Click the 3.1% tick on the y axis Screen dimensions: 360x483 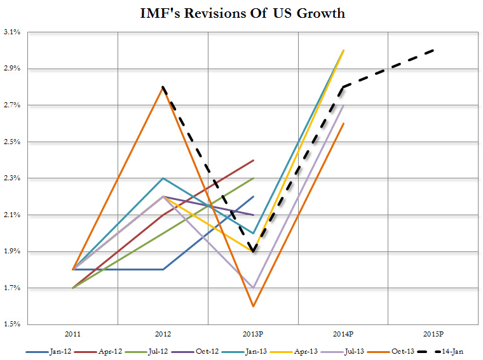(12, 32)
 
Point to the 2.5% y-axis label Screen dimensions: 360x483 (12, 142)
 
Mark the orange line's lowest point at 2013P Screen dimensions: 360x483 (254, 307)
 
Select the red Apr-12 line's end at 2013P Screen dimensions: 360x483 (254, 161)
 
